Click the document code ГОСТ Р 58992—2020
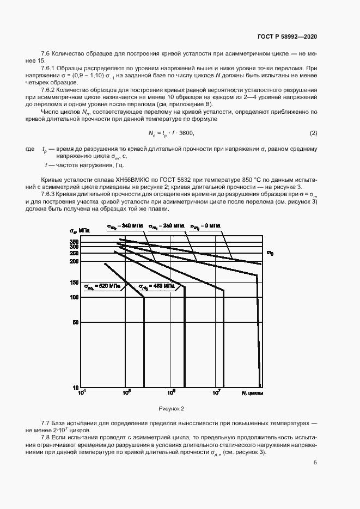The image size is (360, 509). point(287,36)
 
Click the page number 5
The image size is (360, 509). point(315,463)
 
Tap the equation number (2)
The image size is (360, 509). point(313,133)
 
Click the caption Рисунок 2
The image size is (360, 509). point(172,408)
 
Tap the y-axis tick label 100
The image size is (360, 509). point(75,297)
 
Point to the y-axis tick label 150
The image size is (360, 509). point(75,283)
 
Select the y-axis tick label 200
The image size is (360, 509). point(75,261)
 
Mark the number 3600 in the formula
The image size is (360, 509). point(185,133)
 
